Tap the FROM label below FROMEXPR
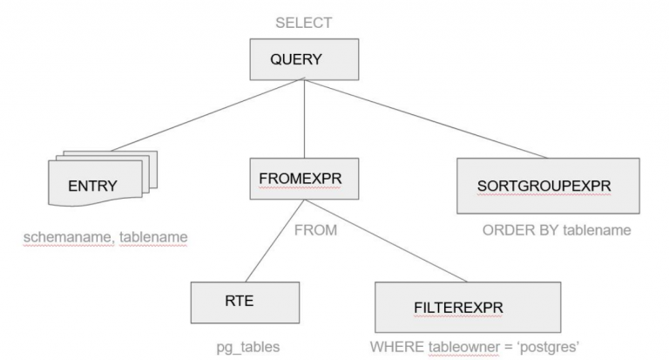pos(314,232)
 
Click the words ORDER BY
pos(517,231)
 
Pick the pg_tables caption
pos(248,346)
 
